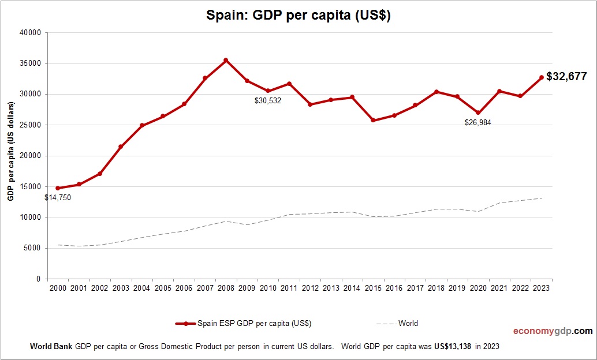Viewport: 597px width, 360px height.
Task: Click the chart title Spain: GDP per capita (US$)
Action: coord(298,16)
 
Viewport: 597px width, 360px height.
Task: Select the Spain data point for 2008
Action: coord(226,60)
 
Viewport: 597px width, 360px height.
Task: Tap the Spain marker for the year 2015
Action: coord(373,120)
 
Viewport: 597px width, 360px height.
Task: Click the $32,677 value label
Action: coord(566,76)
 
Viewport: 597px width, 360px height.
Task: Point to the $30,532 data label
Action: coord(268,100)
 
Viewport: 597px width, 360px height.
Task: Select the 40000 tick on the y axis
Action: coord(30,33)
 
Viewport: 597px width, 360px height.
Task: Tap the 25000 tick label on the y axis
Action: coord(30,125)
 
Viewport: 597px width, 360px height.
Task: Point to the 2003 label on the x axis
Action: coord(121,288)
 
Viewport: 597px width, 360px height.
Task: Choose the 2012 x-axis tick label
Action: coord(310,288)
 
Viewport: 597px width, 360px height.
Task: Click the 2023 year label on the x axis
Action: coord(542,288)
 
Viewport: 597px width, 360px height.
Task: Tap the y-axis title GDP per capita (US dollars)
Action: coord(10,151)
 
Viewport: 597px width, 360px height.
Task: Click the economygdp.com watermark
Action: coord(553,331)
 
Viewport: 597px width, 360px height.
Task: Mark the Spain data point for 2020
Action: coord(478,113)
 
